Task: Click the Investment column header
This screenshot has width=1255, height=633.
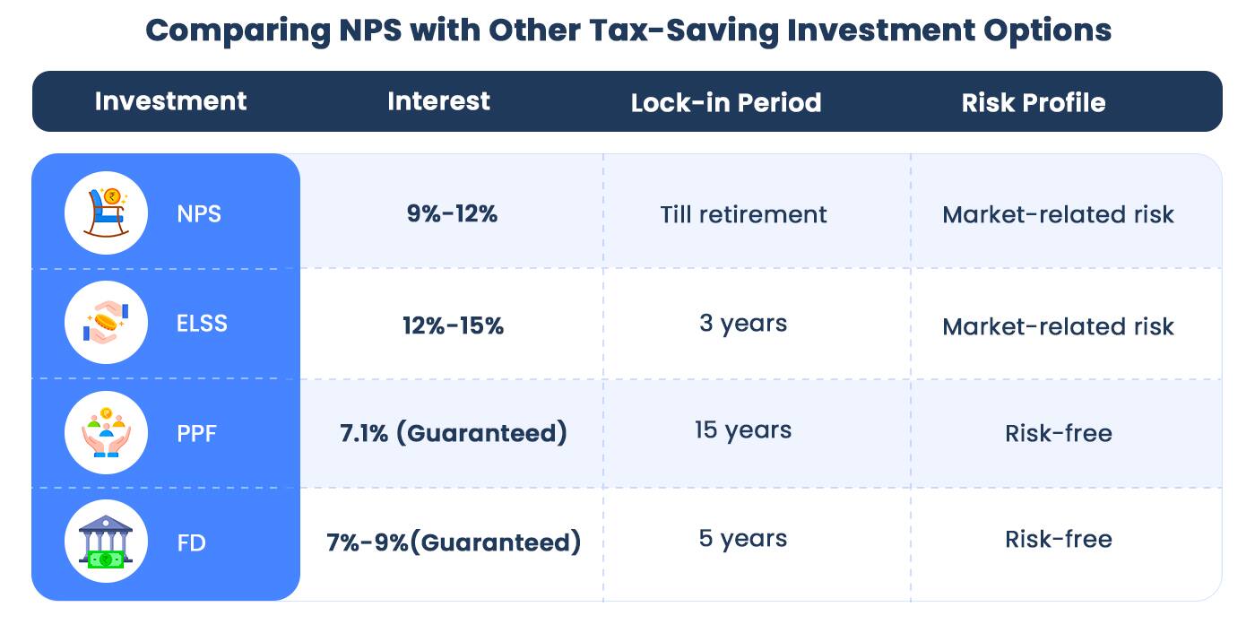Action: tap(170, 101)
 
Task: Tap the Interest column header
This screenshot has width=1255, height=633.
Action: tap(438, 101)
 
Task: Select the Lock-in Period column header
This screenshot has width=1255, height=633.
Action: tap(725, 102)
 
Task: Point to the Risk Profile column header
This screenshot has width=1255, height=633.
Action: tap(1033, 102)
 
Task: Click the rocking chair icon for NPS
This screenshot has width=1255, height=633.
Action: tap(107, 213)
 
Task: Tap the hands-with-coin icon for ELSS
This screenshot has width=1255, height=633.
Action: tap(107, 323)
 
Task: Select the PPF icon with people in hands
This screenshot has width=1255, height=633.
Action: tap(107, 433)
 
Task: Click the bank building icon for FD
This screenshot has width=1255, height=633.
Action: tap(107, 542)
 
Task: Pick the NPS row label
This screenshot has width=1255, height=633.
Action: tap(199, 214)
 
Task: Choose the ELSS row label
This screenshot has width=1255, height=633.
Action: tap(202, 324)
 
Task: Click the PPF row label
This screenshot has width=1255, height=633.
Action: tap(196, 434)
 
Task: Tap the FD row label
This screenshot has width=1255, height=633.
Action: tap(191, 542)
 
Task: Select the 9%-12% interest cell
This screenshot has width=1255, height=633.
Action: tap(452, 214)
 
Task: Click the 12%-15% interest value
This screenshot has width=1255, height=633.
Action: tap(453, 325)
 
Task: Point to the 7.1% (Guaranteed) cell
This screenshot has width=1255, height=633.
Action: tap(453, 433)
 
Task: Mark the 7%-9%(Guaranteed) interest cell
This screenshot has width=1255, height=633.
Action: tap(453, 542)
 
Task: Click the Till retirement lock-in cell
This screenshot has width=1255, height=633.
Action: tap(743, 214)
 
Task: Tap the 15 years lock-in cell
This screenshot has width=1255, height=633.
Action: tap(742, 430)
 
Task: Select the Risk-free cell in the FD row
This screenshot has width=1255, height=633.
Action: tap(1058, 539)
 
